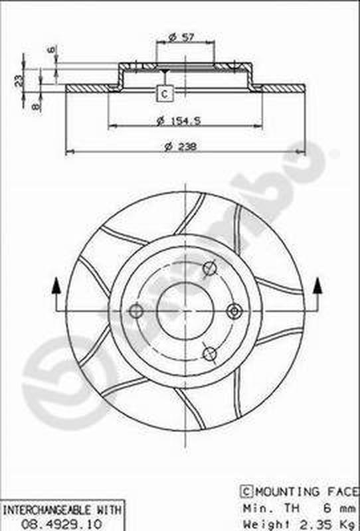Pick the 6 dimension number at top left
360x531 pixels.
coord(50,50)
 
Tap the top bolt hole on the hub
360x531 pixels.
coord(210,268)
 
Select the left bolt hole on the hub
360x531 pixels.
coord(136,311)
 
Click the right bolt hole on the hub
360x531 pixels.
coord(234,311)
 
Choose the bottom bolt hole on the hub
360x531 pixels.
coord(210,353)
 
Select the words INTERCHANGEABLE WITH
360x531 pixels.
coord(61,510)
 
